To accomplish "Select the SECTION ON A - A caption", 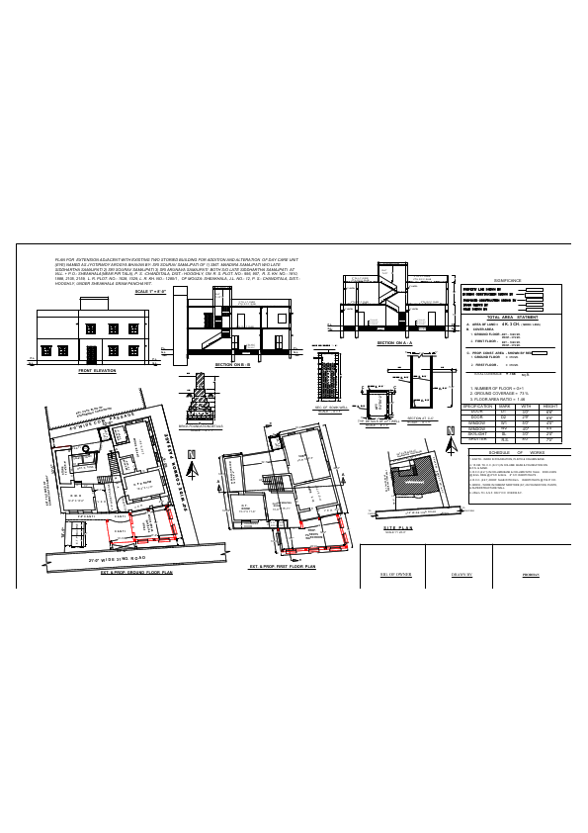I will click(x=393, y=342).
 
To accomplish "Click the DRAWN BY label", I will click(x=464, y=574).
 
